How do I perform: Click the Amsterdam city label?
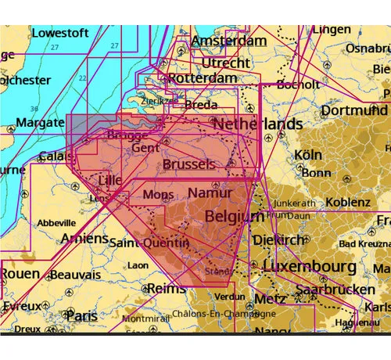[229, 40]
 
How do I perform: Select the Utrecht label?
[226, 62]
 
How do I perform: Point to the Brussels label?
[188, 164]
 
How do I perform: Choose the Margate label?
[32, 123]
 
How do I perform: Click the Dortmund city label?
[354, 110]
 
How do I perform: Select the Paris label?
[82, 316]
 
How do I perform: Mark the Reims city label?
[167, 288]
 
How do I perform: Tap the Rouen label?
[20, 274]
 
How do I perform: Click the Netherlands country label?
[257, 124]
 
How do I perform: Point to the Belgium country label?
[234, 215]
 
